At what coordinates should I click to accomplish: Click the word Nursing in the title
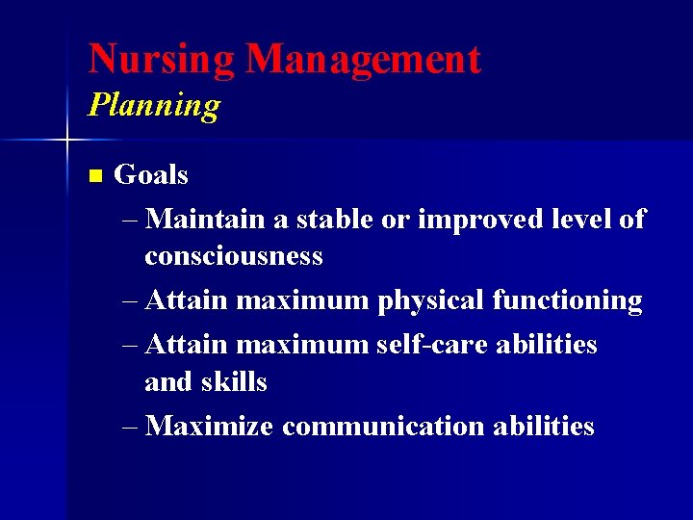coord(161,59)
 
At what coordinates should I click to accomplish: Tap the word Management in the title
coord(362,59)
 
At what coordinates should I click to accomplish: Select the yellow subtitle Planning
coord(153,105)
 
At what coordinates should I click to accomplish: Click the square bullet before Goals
coord(93,176)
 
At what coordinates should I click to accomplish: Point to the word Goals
coord(151,175)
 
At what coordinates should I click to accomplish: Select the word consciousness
coord(233,257)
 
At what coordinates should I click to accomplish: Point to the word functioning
coord(567,301)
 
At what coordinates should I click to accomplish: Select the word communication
coord(386,426)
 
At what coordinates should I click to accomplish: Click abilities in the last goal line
coord(547,426)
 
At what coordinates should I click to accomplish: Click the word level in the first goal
coord(577,220)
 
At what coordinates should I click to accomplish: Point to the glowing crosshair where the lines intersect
coord(66,142)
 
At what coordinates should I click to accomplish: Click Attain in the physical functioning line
coord(188,301)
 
